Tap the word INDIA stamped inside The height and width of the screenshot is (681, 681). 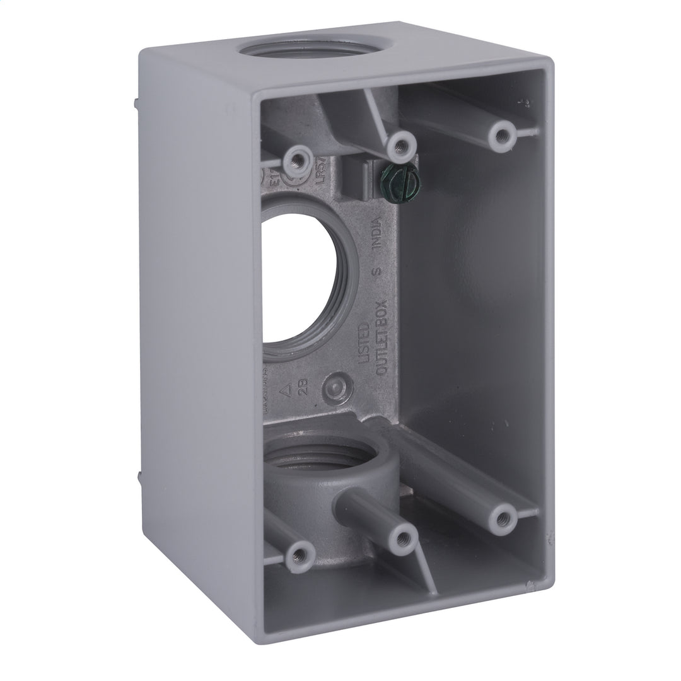(376, 235)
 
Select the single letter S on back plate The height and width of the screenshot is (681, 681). (376, 271)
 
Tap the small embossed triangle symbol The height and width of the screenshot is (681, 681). (285, 390)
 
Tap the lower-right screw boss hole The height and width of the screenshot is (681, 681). (503, 518)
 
